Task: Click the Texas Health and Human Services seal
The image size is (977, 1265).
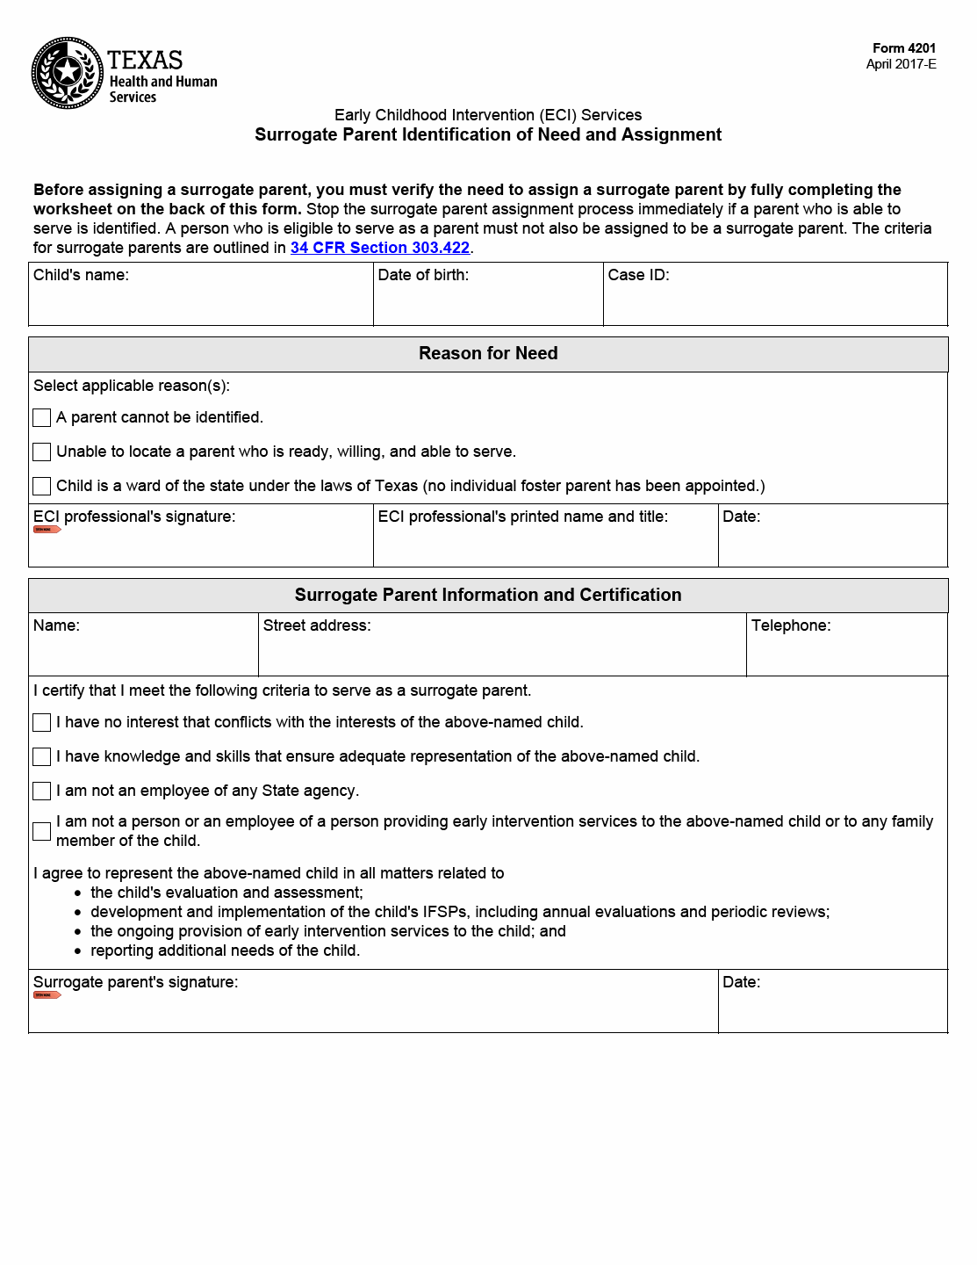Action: [68, 73]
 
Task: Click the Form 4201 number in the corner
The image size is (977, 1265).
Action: [903, 48]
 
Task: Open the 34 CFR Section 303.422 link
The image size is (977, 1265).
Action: [379, 248]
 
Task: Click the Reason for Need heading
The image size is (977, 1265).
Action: [488, 353]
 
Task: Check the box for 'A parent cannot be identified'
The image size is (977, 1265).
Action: [41, 417]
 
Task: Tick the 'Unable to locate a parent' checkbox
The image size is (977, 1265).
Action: [41, 452]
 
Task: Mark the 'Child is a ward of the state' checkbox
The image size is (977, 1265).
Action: [41, 486]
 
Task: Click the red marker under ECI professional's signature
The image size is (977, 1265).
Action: [47, 530]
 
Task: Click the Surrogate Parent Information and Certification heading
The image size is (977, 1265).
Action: [488, 595]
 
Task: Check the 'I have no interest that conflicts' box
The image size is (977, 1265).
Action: [41, 722]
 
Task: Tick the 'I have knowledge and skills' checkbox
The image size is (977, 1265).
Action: [41, 756]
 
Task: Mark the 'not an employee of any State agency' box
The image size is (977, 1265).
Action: [41, 791]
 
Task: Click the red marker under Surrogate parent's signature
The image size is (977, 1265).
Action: [47, 995]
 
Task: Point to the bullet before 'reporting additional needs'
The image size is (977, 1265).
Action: [78, 951]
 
